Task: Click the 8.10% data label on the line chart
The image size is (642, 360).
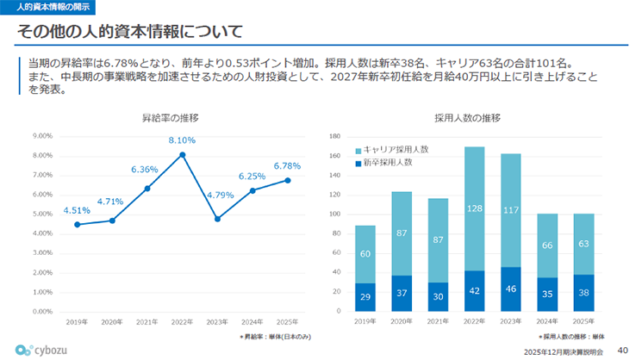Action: coord(182,140)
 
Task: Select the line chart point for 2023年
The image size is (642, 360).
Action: coord(217,219)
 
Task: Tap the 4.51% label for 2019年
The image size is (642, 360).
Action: coord(77,209)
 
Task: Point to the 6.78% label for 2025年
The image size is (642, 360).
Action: coord(287,165)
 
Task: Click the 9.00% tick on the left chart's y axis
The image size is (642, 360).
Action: coord(42,136)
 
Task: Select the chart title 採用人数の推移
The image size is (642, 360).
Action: coord(468,117)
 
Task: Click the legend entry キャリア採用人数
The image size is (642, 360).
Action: coord(396,149)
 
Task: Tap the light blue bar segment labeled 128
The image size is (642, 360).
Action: coord(474,208)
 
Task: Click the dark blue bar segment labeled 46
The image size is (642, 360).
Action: coord(511,289)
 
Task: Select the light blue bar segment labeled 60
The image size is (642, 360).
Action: coord(365,254)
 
